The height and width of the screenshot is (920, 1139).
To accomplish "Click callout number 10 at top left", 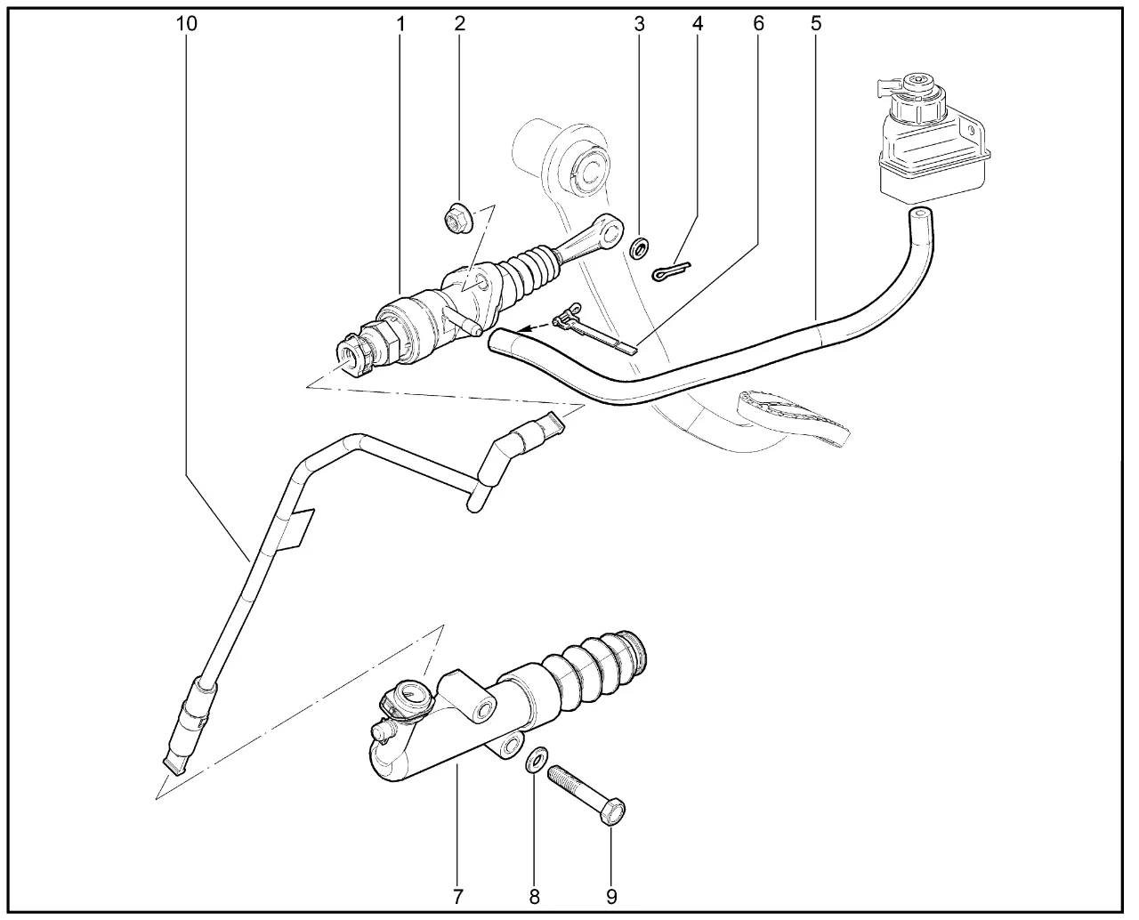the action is coord(187,23).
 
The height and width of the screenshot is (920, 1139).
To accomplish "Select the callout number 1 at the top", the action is coord(400,23).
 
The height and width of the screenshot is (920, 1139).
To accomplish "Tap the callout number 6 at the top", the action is coord(758,23).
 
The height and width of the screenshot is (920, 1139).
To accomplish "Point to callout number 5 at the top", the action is coord(815,23).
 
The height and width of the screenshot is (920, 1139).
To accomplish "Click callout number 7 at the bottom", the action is coord(457,897).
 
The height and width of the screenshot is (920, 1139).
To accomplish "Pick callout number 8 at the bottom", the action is coord(534,897).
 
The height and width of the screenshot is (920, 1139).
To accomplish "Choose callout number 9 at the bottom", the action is coord(611,897).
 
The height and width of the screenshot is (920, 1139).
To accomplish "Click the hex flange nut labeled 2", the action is coord(457,219).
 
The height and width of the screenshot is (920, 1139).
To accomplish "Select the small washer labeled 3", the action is coord(640,247).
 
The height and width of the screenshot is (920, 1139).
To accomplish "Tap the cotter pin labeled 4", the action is coord(671,270).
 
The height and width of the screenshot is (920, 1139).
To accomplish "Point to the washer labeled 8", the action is coord(537,759).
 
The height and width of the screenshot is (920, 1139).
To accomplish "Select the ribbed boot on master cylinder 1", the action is coord(529,274).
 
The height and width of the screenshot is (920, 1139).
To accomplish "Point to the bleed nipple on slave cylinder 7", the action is coord(381,732).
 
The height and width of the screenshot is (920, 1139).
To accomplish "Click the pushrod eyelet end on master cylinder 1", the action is coord(609,229).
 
